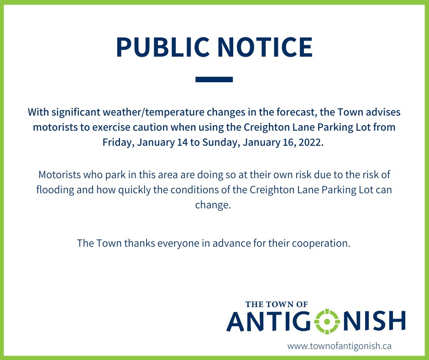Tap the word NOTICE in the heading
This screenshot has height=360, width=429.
tap(262, 47)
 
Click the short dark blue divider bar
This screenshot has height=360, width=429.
tap(214, 79)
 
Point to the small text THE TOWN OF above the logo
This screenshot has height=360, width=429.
tap(277, 304)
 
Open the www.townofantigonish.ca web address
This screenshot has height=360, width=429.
tap(339, 346)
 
